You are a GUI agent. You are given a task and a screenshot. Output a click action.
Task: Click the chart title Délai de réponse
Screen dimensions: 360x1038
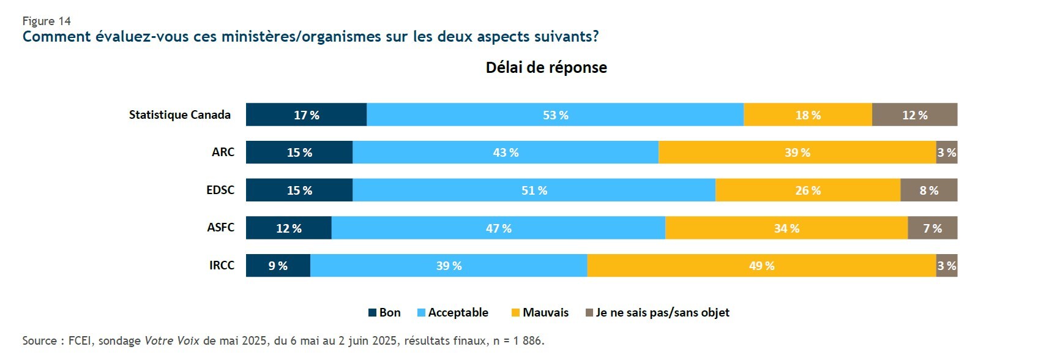coord(546,67)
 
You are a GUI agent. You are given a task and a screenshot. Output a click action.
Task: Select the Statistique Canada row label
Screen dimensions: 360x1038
coord(179,114)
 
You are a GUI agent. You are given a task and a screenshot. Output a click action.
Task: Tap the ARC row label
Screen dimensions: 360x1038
coord(223,152)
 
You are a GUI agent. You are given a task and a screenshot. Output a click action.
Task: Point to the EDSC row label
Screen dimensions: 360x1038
coord(220,190)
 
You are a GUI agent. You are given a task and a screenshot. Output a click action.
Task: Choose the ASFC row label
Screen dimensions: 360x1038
coord(220,227)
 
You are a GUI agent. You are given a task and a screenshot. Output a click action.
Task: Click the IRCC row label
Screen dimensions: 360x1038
coord(222,265)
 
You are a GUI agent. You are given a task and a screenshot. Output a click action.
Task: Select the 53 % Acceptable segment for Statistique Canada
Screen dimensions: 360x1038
coord(555,114)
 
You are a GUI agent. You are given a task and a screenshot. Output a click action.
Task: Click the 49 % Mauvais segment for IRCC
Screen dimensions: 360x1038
coord(761,265)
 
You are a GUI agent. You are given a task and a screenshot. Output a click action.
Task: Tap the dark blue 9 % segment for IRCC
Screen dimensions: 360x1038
coord(278,265)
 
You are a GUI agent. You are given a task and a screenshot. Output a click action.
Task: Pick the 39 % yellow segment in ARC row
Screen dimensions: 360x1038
coord(797,152)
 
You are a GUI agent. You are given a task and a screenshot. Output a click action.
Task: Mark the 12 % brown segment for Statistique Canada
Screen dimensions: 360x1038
coord(914,114)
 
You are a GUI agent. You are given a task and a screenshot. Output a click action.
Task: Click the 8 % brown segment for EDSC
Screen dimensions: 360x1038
coord(928,190)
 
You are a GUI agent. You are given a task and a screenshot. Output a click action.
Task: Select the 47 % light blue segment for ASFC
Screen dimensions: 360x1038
coord(498,228)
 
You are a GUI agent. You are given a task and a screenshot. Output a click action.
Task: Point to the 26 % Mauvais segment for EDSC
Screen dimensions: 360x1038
coord(807,190)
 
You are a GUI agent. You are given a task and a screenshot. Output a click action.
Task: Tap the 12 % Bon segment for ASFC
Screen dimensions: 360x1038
coord(288,228)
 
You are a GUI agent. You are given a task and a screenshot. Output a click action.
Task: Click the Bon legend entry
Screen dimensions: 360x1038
coord(384,312)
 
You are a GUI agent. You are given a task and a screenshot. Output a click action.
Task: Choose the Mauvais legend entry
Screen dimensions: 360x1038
coord(540,312)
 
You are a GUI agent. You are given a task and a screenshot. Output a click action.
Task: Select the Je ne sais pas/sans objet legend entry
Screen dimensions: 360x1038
coord(657,312)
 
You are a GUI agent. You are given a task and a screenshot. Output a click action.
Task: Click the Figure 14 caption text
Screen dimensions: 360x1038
coord(47,21)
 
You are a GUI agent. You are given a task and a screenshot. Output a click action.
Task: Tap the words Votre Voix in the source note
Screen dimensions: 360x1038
coord(171,340)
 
